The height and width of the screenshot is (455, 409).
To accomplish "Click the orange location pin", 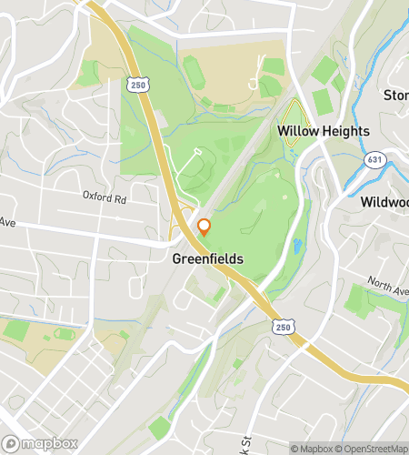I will pyautogui.click(x=204, y=227).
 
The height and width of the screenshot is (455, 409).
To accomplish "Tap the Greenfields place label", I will pyautogui.click(x=208, y=259).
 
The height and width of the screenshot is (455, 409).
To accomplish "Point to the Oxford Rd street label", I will pyautogui.click(x=103, y=196).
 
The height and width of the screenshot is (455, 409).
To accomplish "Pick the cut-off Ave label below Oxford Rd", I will pyautogui.click(x=7, y=222).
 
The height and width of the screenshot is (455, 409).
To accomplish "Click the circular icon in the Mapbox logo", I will pyautogui.click(x=11, y=444).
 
